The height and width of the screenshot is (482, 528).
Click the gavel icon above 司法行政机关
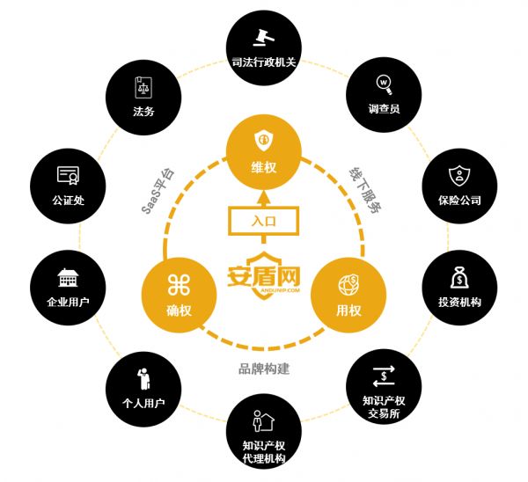coord(264,37)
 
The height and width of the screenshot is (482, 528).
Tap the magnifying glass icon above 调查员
coord(385,84)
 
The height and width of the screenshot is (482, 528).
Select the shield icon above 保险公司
coord(459,175)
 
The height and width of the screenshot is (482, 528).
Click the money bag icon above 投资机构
coord(459,277)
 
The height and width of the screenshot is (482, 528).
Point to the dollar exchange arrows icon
coord(384,376)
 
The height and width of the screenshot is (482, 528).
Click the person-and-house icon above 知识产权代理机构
coord(263,420)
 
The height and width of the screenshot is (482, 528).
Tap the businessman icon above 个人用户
coord(143,379)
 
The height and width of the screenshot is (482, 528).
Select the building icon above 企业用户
coord(68,278)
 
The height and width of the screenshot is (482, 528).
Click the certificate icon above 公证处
coord(68,175)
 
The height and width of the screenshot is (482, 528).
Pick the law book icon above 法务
coord(143,87)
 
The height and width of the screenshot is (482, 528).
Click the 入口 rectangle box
coord(264,221)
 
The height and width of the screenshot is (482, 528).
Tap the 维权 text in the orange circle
coord(264,167)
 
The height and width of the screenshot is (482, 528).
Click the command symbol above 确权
coord(179,285)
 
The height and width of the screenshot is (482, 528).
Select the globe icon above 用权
coord(348,285)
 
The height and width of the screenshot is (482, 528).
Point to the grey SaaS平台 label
coord(158,191)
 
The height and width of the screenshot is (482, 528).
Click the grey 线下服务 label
coord(364,189)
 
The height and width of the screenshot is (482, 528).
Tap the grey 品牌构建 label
coord(264,369)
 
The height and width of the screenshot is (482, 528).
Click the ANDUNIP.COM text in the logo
coord(280,289)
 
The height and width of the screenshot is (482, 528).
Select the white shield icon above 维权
coord(264,141)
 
